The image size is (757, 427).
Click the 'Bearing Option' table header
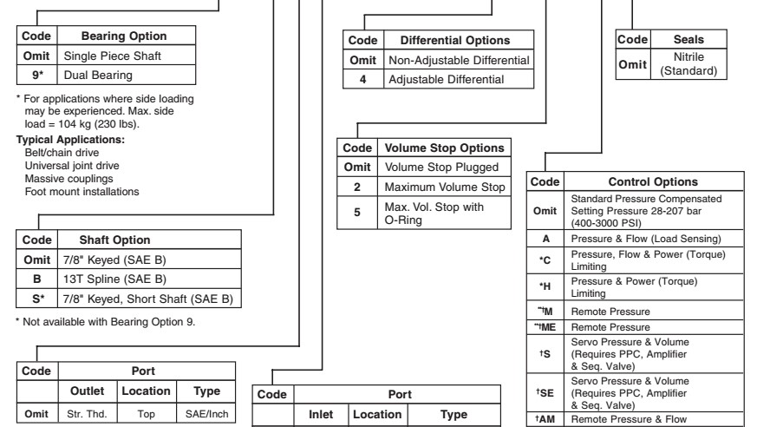click(x=123, y=36)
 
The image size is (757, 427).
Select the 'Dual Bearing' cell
click(x=95, y=75)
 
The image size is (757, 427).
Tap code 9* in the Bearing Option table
click(x=36, y=75)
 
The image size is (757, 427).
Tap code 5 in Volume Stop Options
click(x=354, y=211)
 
